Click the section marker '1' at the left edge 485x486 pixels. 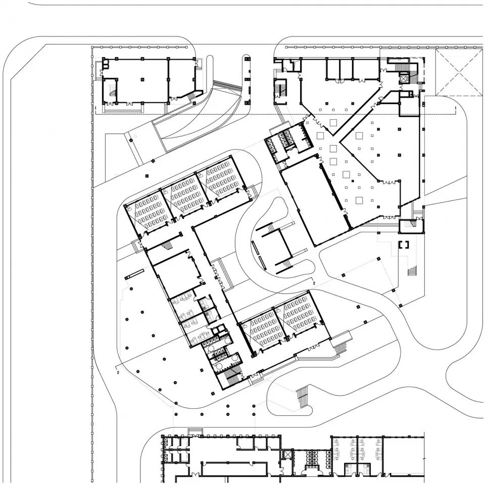pyautogui.click(x=95, y=109)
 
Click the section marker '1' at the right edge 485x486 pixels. pyautogui.click(x=456, y=109)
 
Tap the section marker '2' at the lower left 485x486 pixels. pyautogui.click(x=118, y=373)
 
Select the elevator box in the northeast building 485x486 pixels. pyautogui.click(x=404, y=78)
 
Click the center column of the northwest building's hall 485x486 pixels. pyautogui.click(x=143, y=79)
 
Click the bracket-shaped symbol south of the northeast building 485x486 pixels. pyautogui.click(x=404, y=246)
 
